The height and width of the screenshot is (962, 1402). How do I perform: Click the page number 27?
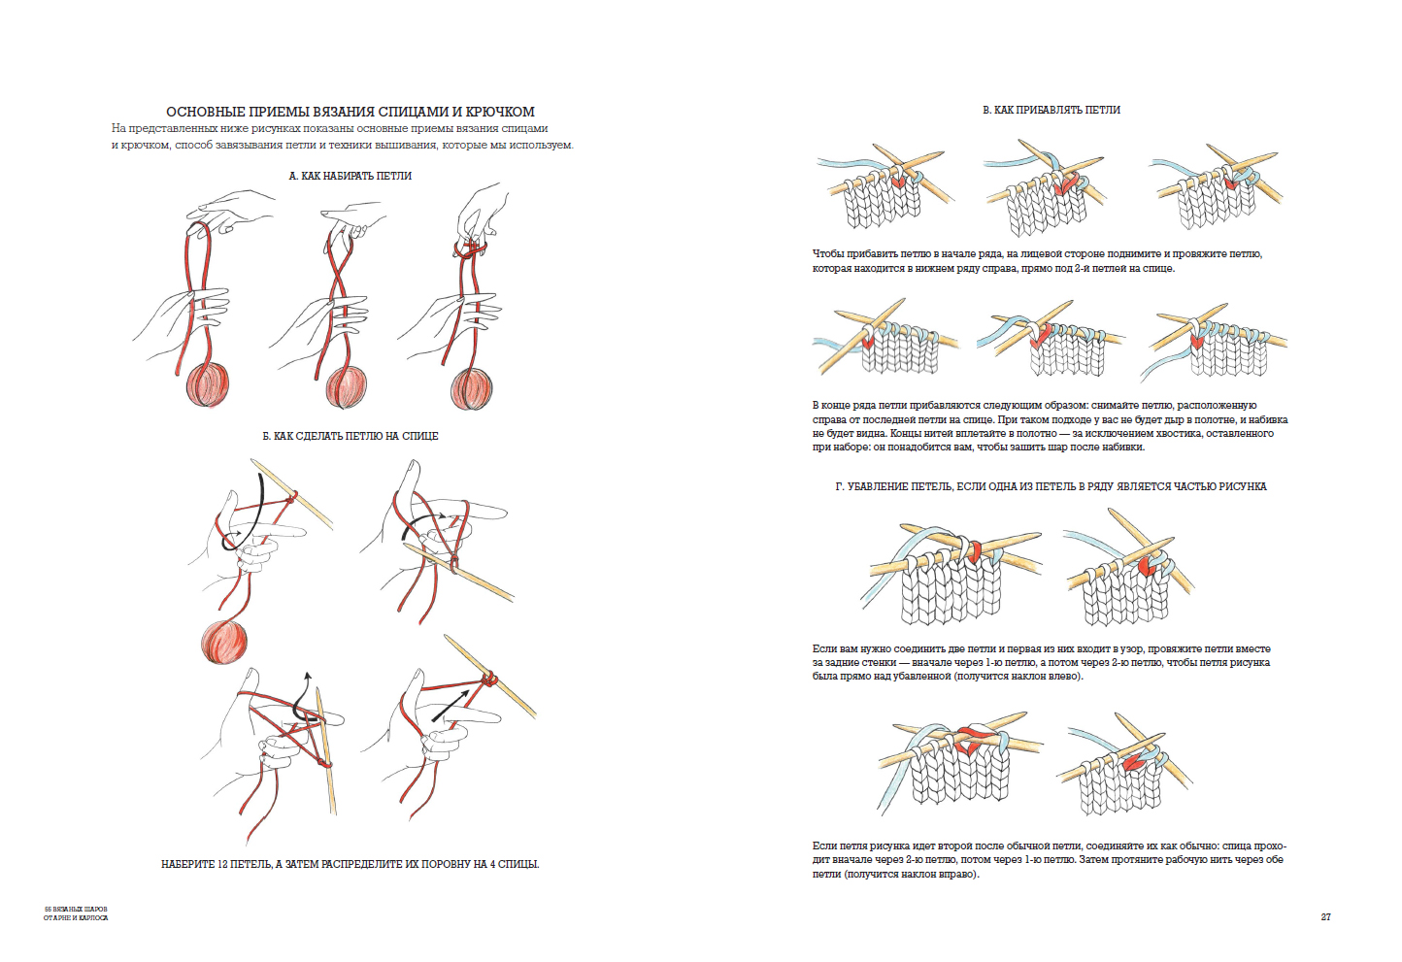[x=1325, y=917]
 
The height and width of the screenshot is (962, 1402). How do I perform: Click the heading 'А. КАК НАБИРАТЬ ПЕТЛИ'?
[x=350, y=176]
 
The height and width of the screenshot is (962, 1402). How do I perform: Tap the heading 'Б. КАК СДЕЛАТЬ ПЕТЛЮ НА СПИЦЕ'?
[x=350, y=436]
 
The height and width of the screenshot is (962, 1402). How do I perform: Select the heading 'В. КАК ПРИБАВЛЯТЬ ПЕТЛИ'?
[x=1051, y=110]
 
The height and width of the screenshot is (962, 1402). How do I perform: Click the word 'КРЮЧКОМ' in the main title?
[x=503, y=112]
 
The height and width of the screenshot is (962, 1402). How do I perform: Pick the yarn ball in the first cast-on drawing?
[x=207, y=383]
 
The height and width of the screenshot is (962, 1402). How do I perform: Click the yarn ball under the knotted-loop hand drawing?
[x=472, y=388]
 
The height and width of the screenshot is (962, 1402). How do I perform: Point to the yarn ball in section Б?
[x=224, y=642]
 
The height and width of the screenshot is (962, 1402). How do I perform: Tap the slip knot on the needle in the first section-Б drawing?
[x=291, y=496]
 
